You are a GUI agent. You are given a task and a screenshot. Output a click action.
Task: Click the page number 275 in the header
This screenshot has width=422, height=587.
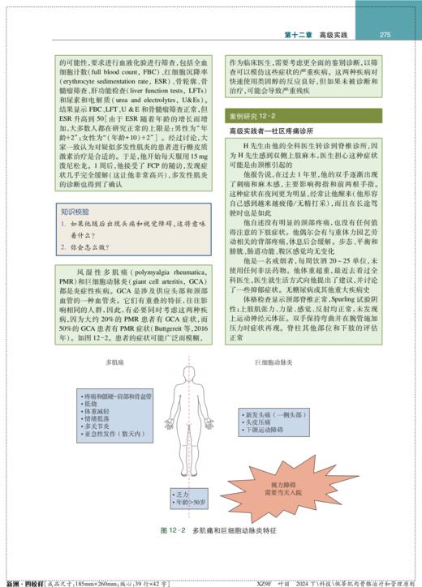[x=385, y=34]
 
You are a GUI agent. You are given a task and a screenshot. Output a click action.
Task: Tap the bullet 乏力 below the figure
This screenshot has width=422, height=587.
[x=174, y=493]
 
